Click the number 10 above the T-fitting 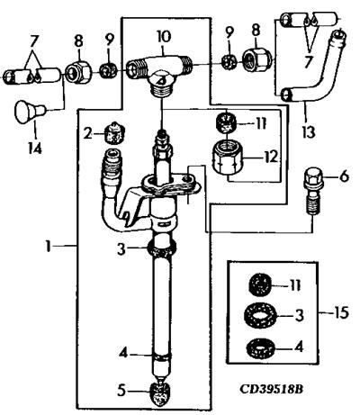click(164, 36)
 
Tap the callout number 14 click(35, 148)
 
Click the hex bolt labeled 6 click(313, 190)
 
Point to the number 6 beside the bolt click(344, 176)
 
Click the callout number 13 click(309, 132)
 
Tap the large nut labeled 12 click(229, 158)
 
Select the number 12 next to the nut click(270, 156)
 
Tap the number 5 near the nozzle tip click(121, 391)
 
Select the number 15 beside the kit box click(341, 312)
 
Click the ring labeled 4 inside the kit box click(259, 347)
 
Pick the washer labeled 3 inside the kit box click(257, 314)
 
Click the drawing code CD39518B click(272, 389)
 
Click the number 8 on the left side click(78, 41)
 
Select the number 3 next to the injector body click(121, 248)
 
